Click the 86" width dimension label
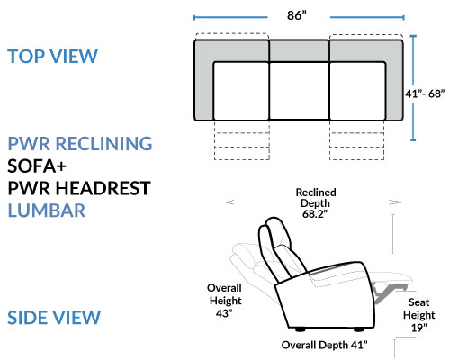297,15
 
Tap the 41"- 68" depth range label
425,94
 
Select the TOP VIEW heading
52,57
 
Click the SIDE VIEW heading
54,318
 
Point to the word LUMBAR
47,211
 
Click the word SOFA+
37,166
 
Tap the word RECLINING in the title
104,143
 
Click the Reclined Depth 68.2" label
316,203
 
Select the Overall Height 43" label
225,301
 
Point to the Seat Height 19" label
418,315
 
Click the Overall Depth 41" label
324,345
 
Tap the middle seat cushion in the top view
300,91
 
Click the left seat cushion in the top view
241,91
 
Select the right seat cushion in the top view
357,91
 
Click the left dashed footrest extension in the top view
242,140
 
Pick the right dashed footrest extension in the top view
357,140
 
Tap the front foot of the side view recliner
358,329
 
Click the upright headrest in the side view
274,237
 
